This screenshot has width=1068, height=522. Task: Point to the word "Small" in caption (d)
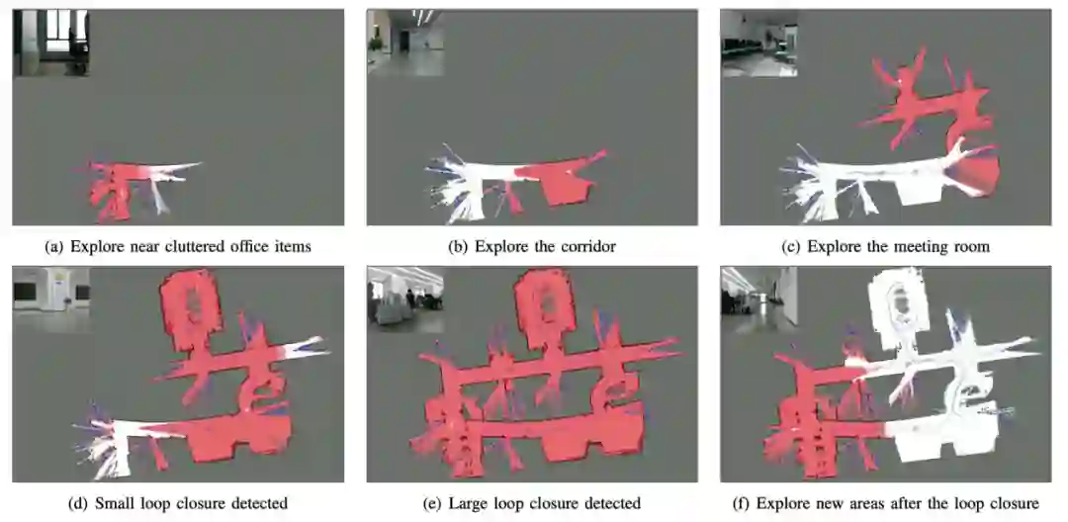coord(113,504)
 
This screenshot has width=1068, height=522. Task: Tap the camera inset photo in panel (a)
coord(51,42)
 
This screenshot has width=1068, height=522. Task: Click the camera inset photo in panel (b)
coord(405,42)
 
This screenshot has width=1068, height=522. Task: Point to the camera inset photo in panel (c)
coord(758,43)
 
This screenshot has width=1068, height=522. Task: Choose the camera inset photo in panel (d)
coord(51,299)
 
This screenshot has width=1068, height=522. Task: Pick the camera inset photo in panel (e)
coord(405,299)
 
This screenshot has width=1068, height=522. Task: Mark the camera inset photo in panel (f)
coord(758,299)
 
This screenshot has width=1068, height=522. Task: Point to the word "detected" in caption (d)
coord(262,504)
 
